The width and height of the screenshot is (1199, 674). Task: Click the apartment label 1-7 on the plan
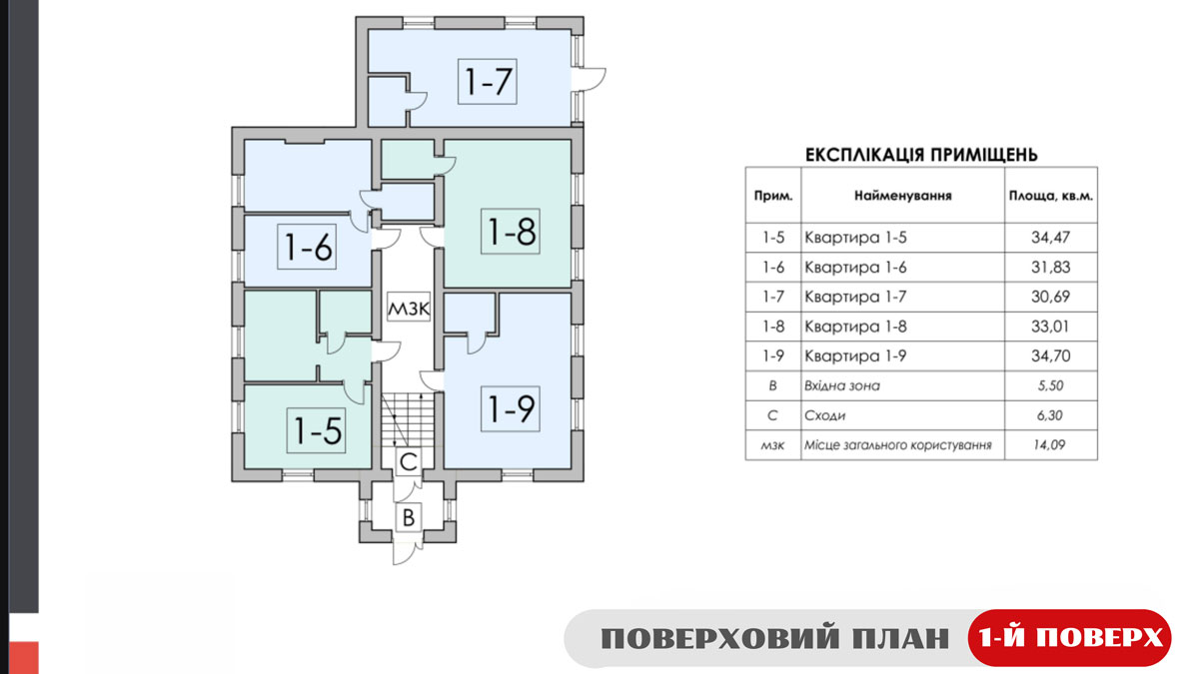tap(488, 81)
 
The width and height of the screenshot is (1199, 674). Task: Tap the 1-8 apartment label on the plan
tap(511, 231)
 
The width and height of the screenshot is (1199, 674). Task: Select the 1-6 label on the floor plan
tap(307, 247)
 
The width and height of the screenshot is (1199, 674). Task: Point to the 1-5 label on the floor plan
tap(317, 430)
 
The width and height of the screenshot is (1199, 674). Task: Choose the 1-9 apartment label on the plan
tap(511, 408)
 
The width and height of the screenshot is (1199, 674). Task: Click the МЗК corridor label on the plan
tap(409, 309)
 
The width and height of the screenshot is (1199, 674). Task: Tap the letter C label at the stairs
tap(409, 461)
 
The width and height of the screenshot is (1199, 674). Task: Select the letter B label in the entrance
tap(409, 518)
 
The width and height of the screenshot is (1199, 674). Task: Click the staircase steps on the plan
tap(409, 420)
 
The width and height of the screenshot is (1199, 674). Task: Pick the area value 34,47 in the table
tap(1050, 237)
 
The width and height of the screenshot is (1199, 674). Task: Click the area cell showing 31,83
tap(1050, 267)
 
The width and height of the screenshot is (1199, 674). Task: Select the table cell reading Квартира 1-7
tap(855, 297)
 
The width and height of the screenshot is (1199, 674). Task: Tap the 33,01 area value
tap(1050, 327)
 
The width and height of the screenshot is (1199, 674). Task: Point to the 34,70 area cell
tap(1050, 355)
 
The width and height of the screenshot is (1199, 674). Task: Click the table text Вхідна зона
tap(842, 385)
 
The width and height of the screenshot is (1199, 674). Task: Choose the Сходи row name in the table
tap(825, 415)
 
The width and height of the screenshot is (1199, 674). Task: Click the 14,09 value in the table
tap(1048, 444)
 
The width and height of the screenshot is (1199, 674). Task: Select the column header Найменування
tap(903, 196)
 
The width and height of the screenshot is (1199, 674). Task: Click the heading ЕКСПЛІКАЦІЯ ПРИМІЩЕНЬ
tap(921, 155)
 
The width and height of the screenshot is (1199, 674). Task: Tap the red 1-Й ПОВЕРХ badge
tap(1069, 638)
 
